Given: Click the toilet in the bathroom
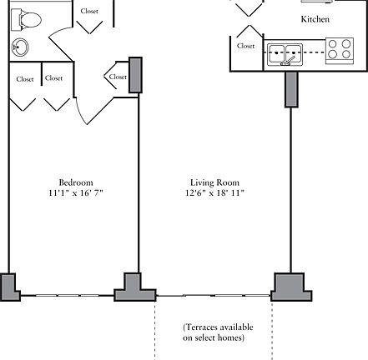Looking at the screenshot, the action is [26, 19].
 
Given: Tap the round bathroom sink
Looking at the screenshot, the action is [20, 47].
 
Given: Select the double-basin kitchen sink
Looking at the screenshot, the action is [285, 55].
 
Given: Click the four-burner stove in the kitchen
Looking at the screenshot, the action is [340, 51].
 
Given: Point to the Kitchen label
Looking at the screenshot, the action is [315, 19].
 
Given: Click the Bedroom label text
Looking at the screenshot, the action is [76, 182].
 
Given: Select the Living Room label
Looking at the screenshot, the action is [214, 182].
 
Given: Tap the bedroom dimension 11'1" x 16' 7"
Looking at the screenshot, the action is [76, 192].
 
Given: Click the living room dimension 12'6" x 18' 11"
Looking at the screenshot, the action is [214, 192].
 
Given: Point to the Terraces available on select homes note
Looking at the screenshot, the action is [218, 332].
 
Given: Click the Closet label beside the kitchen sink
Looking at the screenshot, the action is [245, 46].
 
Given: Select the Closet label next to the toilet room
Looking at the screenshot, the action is [89, 11].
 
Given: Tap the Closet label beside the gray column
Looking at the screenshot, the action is [118, 77].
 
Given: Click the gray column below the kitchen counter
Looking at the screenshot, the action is [291, 89].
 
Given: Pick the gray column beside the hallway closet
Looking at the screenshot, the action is [135, 75].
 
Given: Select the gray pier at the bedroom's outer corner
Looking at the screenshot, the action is [10, 287].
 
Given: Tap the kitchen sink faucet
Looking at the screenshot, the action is [288, 62].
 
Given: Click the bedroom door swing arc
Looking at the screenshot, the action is [79, 111].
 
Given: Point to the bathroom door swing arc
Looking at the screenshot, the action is [59, 31].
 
